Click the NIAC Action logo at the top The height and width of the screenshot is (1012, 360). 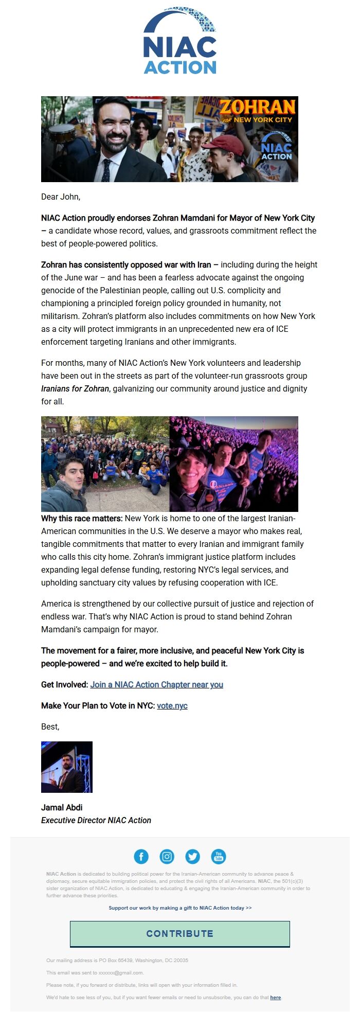point(180,41)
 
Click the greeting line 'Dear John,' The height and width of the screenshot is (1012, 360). point(61,197)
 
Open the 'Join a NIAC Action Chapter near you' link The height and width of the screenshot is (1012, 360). point(156,684)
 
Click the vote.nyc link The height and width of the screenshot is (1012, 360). point(172,705)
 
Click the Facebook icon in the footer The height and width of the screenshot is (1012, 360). point(141,857)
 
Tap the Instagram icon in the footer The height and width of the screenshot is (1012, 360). point(167,857)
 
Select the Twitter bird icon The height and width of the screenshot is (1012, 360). point(193,857)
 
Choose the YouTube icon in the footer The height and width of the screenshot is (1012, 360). point(219,857)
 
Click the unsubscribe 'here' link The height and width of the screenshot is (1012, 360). point(276,997)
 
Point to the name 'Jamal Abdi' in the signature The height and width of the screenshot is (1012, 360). point(62,807)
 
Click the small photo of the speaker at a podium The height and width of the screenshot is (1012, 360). point(67,767)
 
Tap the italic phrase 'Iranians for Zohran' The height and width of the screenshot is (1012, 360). point(75,388)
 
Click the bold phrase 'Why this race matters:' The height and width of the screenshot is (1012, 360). point(82,518)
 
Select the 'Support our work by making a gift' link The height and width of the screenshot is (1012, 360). point(180,908)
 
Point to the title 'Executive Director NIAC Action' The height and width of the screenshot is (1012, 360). point(96,820)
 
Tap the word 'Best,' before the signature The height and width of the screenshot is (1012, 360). point(50,726)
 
